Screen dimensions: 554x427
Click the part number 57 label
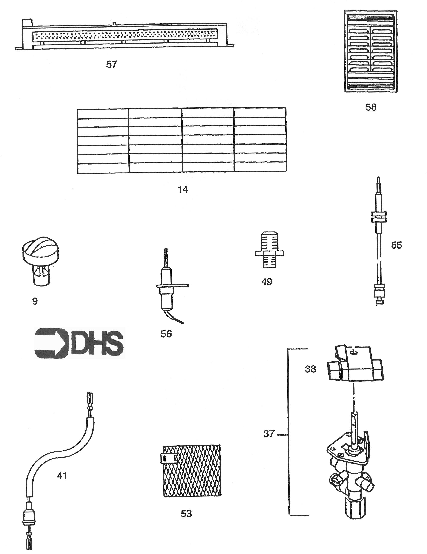coord(112,65)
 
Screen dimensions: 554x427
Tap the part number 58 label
coord(371,107)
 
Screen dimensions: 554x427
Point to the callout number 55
coord(396,245)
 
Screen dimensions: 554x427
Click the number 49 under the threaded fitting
coord(267,282)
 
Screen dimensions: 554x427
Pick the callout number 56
coord(166,334)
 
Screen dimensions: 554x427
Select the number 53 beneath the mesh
coord(186,514)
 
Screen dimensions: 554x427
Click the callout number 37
coord(269,434)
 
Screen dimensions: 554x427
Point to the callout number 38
coord(310,369)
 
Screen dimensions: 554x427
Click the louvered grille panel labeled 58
coord(371,51)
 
